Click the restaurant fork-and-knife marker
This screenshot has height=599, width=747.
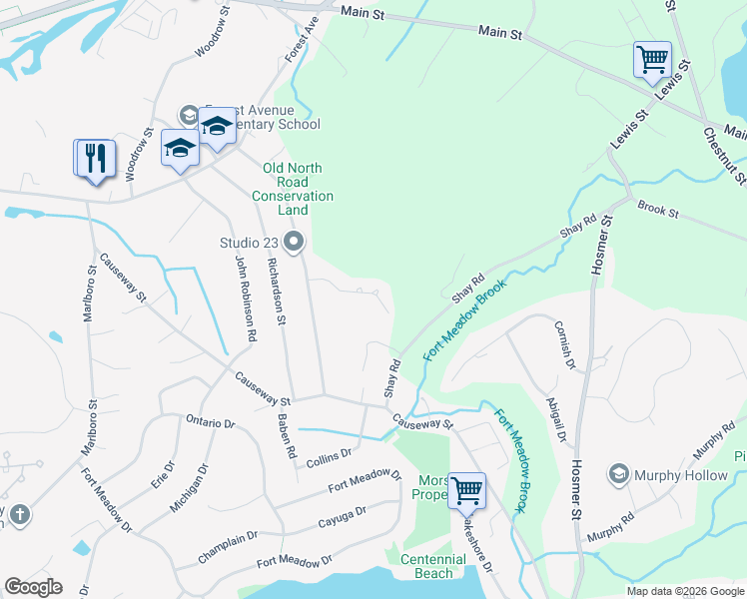pos(97,159)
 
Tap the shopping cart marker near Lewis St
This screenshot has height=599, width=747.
pos(651,59)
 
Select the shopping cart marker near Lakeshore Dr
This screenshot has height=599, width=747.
pos(465,490)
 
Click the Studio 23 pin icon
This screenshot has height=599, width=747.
pos(294,242)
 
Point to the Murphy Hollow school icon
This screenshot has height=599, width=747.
pos(618,475)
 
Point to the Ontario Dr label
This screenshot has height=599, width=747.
pos(210,421)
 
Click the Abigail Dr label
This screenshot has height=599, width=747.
pos(555,418)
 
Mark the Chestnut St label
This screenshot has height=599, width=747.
pos(725,155)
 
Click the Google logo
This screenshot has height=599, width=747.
pos(32,587)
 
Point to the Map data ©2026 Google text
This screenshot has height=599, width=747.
pos(685,591)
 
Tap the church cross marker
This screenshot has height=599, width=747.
pos(18,515)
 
